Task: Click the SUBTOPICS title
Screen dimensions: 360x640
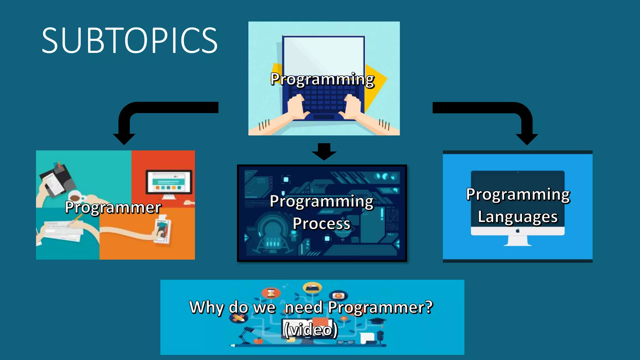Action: [x=129, y=41]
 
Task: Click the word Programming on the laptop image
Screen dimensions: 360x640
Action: [x=322, y=79]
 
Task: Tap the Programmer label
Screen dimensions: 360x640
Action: [x=113, y=207]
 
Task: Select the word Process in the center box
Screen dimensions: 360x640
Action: [x=322, y=223]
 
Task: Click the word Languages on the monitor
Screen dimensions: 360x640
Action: [x=517, y=217]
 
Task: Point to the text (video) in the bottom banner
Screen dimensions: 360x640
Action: [x=311, y=329]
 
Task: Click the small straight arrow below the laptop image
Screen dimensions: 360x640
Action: [x=324, y=152]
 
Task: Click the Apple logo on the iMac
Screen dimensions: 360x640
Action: [x=517, y=231]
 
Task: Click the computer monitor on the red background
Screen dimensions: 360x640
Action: [x=169, y=183]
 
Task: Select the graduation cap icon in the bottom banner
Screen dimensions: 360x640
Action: [x=379, y=322]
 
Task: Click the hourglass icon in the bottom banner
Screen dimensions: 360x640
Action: [x=271, y=293]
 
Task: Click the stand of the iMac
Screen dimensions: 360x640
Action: [x=517, y=241]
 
